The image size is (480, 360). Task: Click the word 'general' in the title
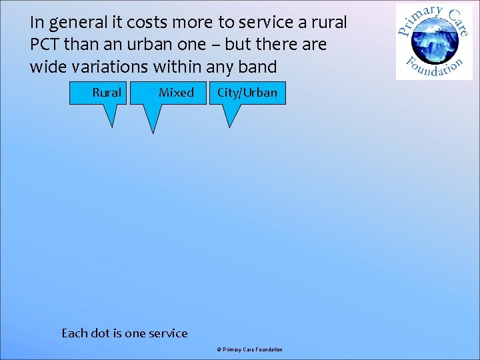coord(74,23)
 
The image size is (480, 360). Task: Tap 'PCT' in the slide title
coord(45,45)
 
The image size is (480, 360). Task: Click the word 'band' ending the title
coord(258,67)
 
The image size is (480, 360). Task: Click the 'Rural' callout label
coord(107,93)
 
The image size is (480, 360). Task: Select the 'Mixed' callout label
coord(176,93)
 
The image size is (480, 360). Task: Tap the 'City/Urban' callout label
coord(247,93)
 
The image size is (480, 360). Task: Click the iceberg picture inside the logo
coord(434,42)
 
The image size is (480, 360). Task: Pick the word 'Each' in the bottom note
coord(73,333)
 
